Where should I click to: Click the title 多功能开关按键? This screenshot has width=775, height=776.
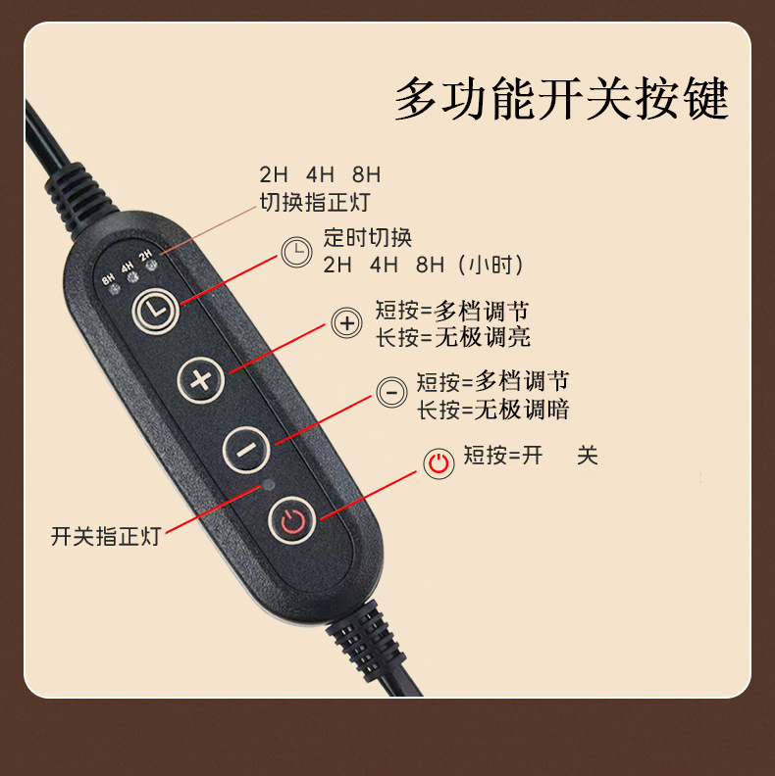pyautogui.click(x=561, y=98)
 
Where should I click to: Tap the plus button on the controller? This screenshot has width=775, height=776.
pyautogui.click(x=201, y=380)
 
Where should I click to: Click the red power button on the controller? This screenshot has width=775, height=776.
pyautogui.click(x=292, y=520)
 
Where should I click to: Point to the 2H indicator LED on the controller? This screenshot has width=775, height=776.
pyautogui.click(x=151, y=266)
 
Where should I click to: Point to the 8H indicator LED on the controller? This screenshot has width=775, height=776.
pyautogui.click(x=114, y=289)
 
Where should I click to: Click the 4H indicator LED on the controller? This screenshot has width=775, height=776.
pyautogui.click(x=132, y=277)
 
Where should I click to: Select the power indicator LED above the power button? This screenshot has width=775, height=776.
pyautogui.click(x=269, y=484)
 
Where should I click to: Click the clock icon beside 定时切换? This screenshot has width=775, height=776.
pyautogui.click(x=297, y=252)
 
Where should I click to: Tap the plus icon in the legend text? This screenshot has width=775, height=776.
pyautogui.click(x=347, y=323)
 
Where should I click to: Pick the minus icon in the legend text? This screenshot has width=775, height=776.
pyautogui.click(x=391, y=393)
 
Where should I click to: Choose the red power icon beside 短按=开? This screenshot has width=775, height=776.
pyautogui.click(x=439, y=463)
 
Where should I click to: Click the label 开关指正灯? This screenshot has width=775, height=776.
pyautogui.click(x=106, y=536)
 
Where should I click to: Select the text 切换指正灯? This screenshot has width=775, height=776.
pyautogui.click(x=315, y=202)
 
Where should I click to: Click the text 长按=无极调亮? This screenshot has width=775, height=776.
pyautogui.click(x=453, y=337)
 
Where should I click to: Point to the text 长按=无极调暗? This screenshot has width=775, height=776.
pyautogui.click(x=493, y=410)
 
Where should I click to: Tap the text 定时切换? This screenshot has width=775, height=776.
pyautogui.click(x=368, y=237)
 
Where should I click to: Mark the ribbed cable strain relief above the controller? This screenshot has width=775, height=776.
pyautogui.click(x=79, y=198)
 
